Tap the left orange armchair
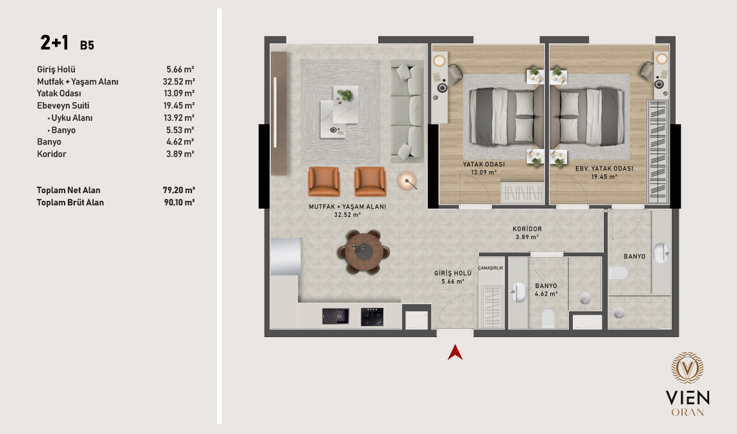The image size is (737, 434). (324, 181)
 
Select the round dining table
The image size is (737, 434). (363, 252)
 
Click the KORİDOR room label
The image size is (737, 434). (527, 229)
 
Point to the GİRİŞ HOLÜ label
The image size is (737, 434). (453, 273)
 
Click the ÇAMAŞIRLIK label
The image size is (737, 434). (491, 268)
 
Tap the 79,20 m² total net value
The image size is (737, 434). (178, 191)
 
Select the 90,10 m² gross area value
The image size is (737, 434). (179, 202)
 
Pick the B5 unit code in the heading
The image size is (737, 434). (87, 46)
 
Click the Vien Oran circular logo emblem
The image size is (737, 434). (687, 367)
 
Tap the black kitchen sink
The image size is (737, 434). (336, 316)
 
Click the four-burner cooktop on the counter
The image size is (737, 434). (372, 316)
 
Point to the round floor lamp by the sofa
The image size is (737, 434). (407, 181)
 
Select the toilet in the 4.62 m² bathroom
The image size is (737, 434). (548, 318)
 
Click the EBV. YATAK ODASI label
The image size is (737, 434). (604, 168)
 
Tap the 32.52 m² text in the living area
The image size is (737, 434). (347, 214)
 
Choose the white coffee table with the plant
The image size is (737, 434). (339, 112)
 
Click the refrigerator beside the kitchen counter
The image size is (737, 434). (285, 256)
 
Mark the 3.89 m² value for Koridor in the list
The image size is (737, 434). (180, 154)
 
